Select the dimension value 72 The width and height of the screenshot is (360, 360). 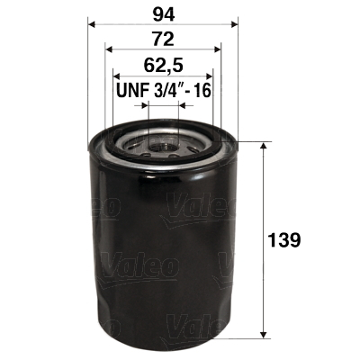click(163, 40)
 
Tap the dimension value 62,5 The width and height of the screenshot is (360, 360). click(163, 65)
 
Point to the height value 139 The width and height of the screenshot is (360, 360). click(284, 240)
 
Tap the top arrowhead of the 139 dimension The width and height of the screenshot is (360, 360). click(263, 146)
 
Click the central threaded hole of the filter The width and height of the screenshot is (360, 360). click(163, 142)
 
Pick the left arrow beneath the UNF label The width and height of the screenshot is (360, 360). click(145, 104)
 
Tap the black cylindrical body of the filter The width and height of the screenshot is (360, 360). click(162, 252)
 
